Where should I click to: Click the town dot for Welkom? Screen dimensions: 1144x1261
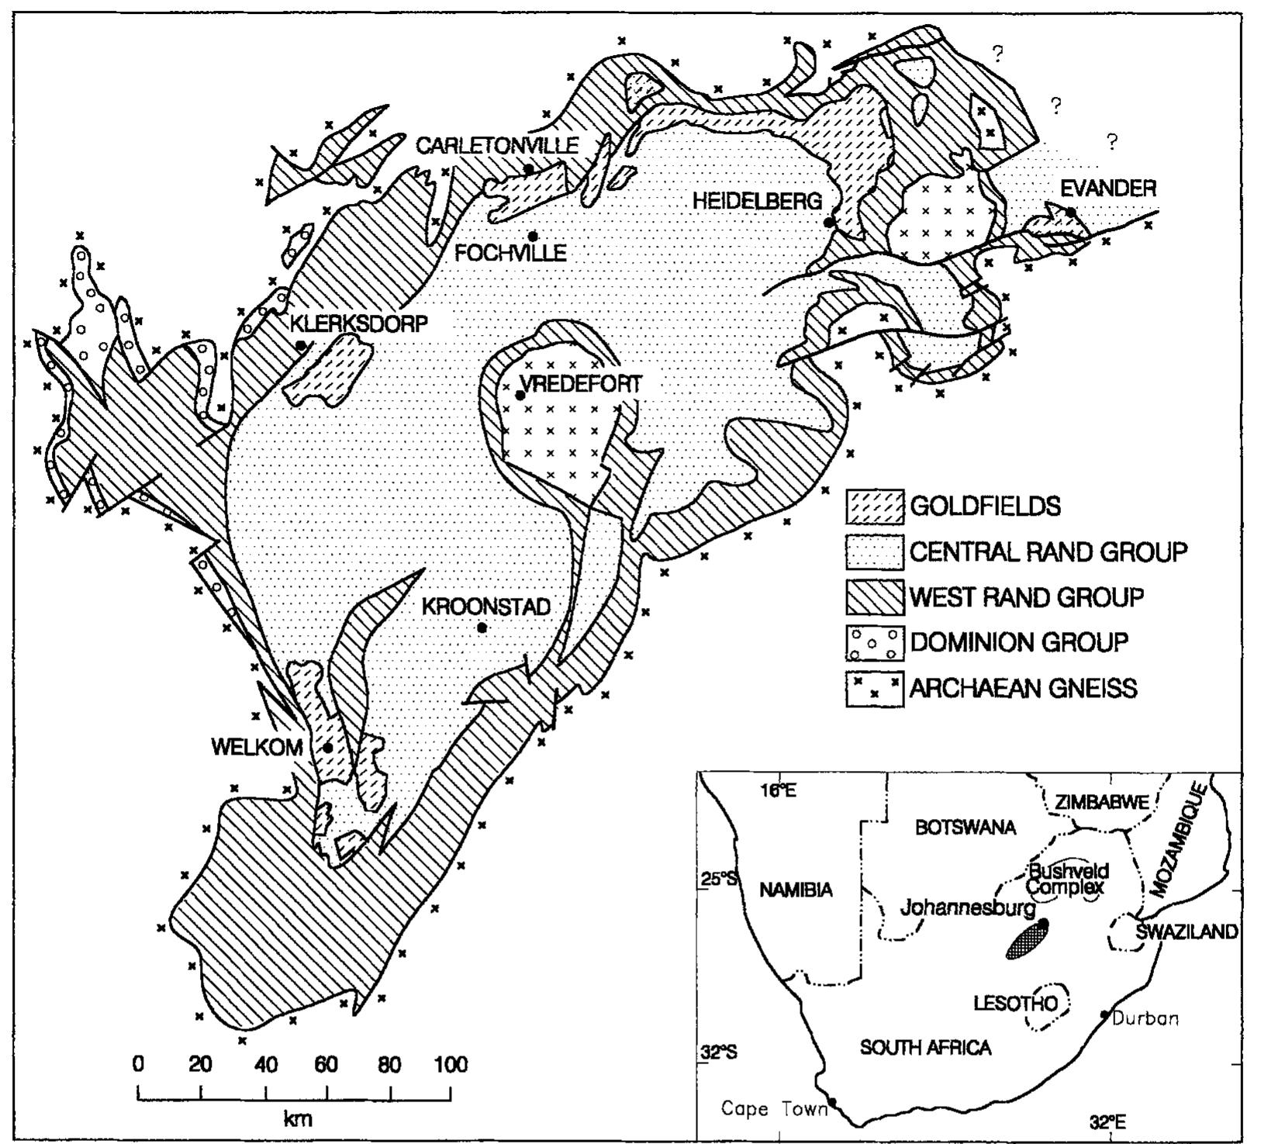(327, 748)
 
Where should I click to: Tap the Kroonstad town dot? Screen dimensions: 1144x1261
(482, 627)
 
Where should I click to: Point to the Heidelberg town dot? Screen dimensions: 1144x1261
(828, 223)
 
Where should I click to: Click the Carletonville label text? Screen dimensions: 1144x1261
(497, 145)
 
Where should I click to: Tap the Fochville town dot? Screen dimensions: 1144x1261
(533, 236)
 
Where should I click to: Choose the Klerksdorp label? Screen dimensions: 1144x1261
(358, 323)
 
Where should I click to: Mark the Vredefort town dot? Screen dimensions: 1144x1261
(520, 395)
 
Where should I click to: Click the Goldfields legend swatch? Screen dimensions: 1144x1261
(874, 506)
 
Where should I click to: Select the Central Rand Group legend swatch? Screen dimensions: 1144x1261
(874, 552)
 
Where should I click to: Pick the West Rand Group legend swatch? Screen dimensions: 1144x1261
(874, 597)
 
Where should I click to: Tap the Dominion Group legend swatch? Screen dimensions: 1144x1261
(874, 643)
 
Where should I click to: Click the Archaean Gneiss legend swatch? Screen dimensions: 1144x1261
(874, 688)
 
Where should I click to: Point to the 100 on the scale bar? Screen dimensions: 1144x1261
(450, 1064)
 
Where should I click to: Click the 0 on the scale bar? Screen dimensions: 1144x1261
(138, 1064)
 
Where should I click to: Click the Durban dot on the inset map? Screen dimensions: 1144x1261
(1104, 1014)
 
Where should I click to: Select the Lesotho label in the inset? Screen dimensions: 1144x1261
(1015, 1004)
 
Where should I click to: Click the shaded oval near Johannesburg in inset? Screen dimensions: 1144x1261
(1027, 940)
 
